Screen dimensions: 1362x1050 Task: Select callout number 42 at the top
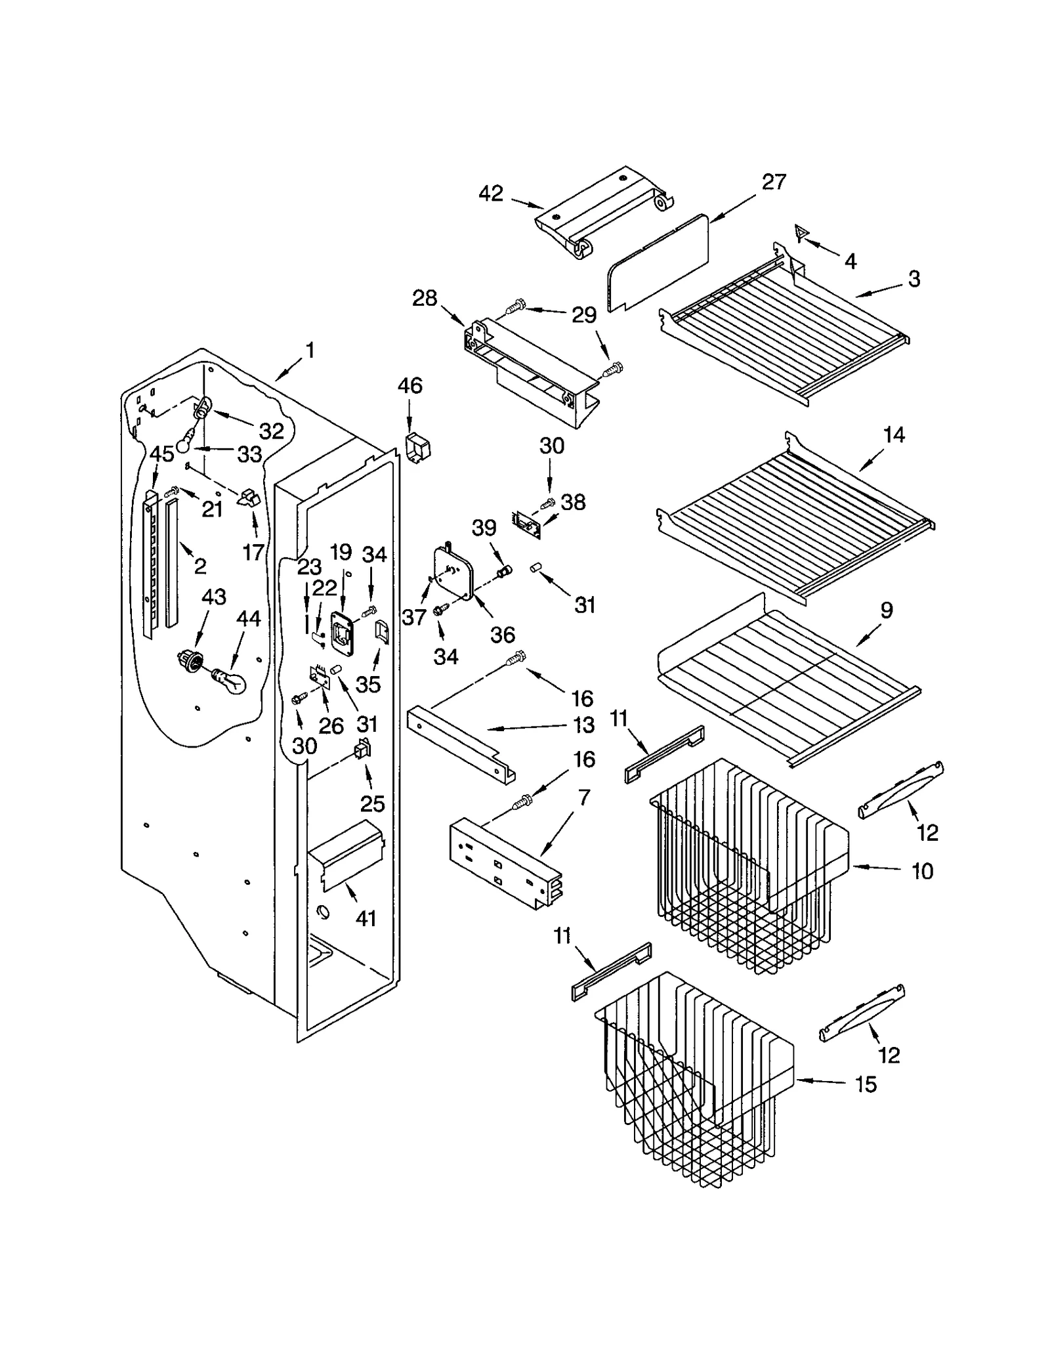click(490, 194)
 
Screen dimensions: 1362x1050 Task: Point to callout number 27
click(774, 182)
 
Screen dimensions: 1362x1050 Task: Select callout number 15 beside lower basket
click(866, 1084)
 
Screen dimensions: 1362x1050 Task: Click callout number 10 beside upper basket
click(922, 871)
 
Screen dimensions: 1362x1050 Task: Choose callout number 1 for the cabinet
click(310, 351)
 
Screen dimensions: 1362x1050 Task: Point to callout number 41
click(366, 918)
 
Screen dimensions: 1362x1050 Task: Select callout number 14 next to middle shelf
click(894, 435)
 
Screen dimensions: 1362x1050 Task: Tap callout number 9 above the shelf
click(886, 610)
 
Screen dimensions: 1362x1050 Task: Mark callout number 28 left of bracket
click(425, 299)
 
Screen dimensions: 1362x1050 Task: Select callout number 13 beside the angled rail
click(583, 725)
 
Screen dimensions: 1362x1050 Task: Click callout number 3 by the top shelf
click(914, 278)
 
